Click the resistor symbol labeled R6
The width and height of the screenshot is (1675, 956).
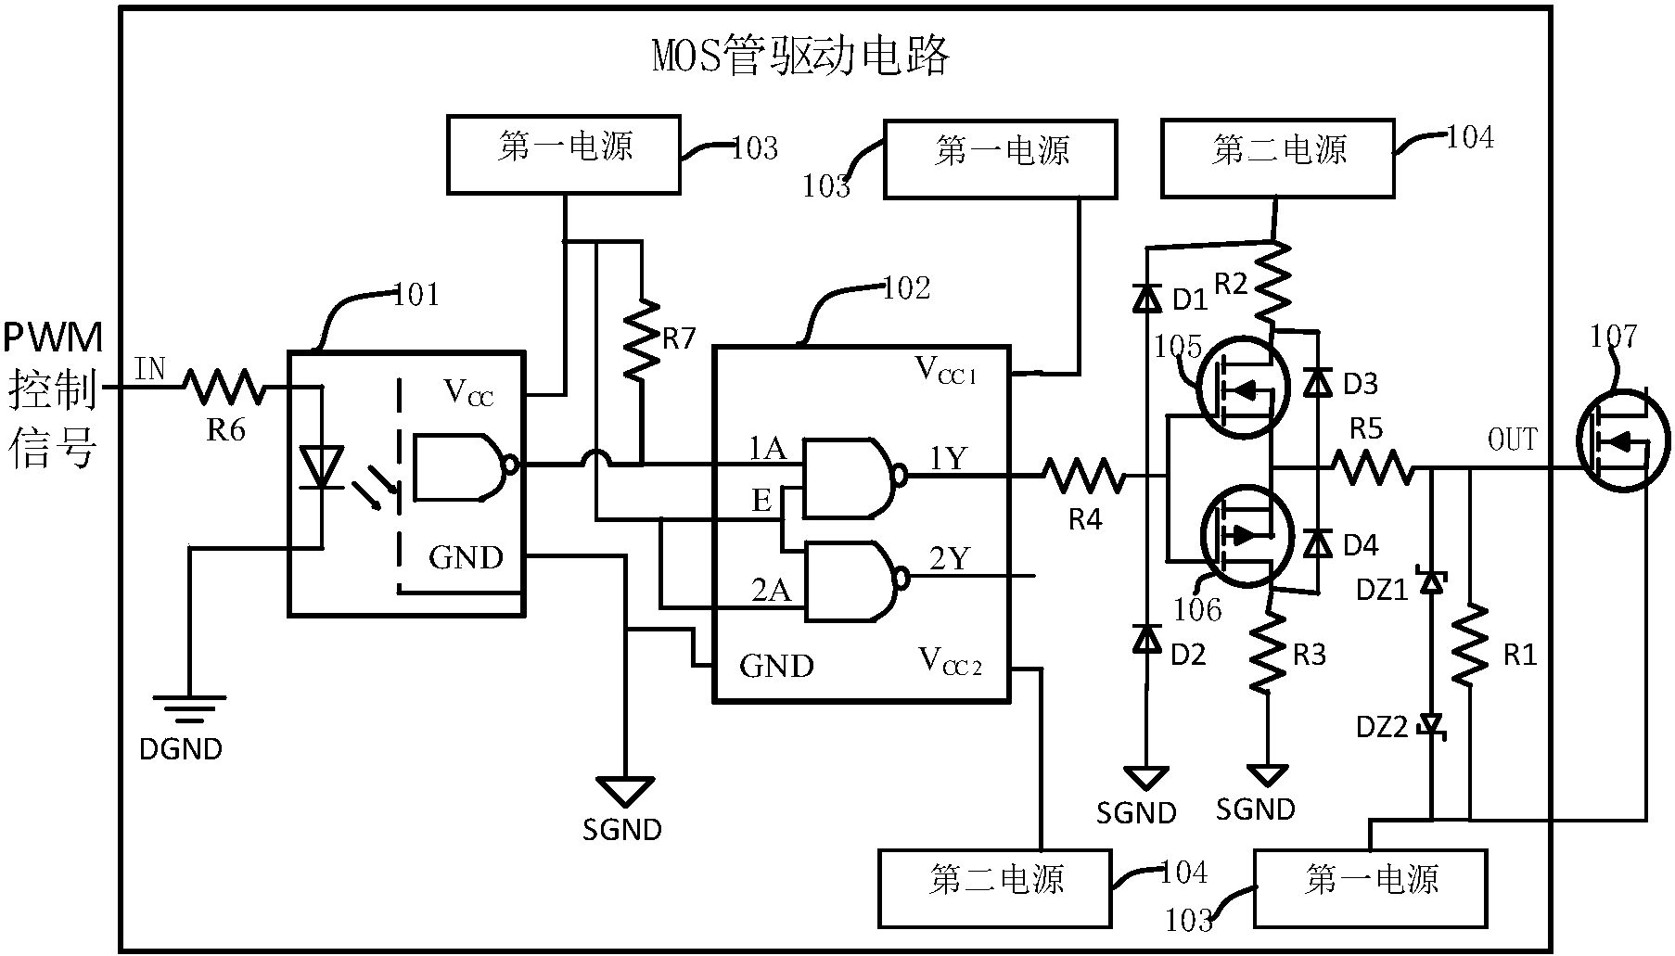click(x=224, y=387)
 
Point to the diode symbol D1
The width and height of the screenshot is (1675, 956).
click(x=1148, y=298)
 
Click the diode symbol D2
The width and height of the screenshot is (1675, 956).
click(x=1148, y=639)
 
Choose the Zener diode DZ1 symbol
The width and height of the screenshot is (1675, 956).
click(x=1434, y=582)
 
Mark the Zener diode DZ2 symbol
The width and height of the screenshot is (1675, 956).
click(x=1434, y=723)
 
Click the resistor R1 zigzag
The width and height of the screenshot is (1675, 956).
click(x=1471, y=645)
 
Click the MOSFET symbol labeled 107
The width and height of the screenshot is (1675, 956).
click(x=1621, y=440)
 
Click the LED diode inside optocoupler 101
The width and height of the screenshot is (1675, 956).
click(x=323, y=466)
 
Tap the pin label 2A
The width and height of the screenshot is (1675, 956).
click(x=771, y=591)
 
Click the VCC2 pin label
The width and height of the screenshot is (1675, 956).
click(x=950, y=662)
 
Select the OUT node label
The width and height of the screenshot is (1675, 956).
click(x=1512, y=440)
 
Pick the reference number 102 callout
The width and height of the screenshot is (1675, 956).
click(x=905, y=288)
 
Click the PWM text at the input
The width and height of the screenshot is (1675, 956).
click(x=53, y=338)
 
